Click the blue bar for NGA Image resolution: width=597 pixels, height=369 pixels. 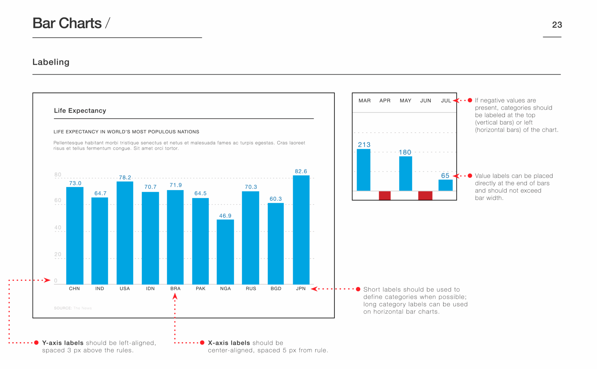tap(225, 252)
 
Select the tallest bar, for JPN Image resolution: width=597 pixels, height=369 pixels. tap(301, 230)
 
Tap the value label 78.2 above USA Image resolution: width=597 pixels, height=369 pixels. tap(125, 178)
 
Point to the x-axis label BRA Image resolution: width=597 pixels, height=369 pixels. tap(175, 288)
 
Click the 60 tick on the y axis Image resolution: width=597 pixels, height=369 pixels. tap(58, 200)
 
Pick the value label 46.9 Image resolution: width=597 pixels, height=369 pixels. tap(225, 216)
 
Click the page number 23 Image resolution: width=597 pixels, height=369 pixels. tap(557, 25)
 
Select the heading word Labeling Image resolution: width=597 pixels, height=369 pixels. tap(51, 62)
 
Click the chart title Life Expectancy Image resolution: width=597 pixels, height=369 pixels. tap(80, 111)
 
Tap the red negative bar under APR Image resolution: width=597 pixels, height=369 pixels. tap(385, 196)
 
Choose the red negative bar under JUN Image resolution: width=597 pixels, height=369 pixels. tap(425, 196)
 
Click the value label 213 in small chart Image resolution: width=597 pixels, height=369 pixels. tap(364, 145)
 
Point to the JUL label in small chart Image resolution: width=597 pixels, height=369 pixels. tap(446, 101)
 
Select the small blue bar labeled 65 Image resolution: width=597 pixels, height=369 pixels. tap(445, 185)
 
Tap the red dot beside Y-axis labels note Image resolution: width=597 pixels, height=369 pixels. tap(36, 343)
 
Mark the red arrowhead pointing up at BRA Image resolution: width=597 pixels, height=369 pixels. tap(175, 296)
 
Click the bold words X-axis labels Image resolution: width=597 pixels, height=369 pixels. tap(229, 343)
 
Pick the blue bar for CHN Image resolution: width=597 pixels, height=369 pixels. tap(75, 236)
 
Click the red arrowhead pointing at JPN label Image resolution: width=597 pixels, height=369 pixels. tap(314, 289)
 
